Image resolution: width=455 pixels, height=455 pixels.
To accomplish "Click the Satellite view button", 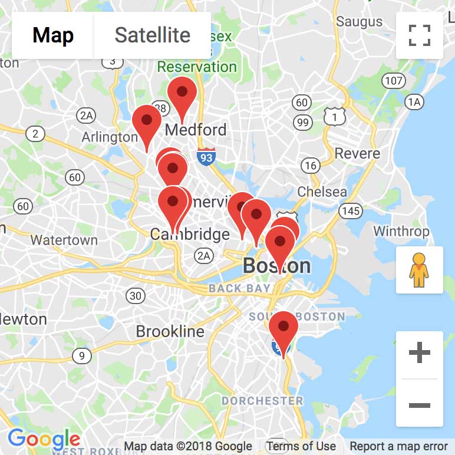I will point(152,35).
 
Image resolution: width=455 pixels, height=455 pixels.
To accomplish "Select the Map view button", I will point(53,35).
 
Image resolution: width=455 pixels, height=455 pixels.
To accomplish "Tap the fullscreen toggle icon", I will point(420,35).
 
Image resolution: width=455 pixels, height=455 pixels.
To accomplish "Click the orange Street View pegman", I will point(419,270).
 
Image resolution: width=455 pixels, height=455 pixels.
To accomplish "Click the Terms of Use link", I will point(301,446).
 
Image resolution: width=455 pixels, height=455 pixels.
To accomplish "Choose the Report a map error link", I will point(398,446).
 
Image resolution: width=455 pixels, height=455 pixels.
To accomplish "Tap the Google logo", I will point(44,439).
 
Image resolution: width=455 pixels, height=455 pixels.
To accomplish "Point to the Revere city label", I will point(357,154).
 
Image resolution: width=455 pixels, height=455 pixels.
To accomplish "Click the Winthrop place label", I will point(401,230).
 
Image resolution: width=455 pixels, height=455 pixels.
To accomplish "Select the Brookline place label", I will point(170,331).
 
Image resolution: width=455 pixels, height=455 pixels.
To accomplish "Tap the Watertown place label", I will point(64,240).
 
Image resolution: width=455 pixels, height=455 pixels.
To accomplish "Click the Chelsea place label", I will point(322,192).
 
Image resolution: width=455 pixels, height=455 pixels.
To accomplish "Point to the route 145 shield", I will point(351,210).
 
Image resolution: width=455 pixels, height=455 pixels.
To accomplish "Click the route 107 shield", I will point(393,81).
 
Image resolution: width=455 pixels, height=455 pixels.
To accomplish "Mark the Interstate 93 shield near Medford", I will point(206,156).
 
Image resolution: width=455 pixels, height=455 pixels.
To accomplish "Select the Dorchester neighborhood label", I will point(262,401).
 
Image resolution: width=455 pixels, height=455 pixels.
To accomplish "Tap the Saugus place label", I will point(359,22).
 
